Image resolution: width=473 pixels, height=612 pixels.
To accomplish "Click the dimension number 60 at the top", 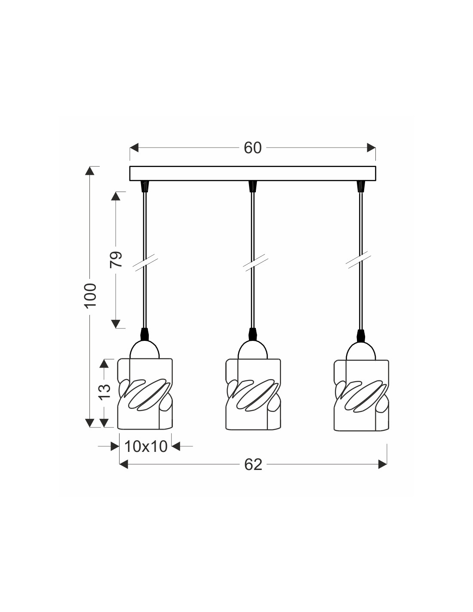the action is point(252,148).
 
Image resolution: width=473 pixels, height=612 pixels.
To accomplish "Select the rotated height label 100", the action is point(91,295).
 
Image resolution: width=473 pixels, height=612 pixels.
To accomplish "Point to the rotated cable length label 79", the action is point(116,259).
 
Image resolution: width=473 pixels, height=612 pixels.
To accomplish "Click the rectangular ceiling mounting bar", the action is point(252,173).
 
